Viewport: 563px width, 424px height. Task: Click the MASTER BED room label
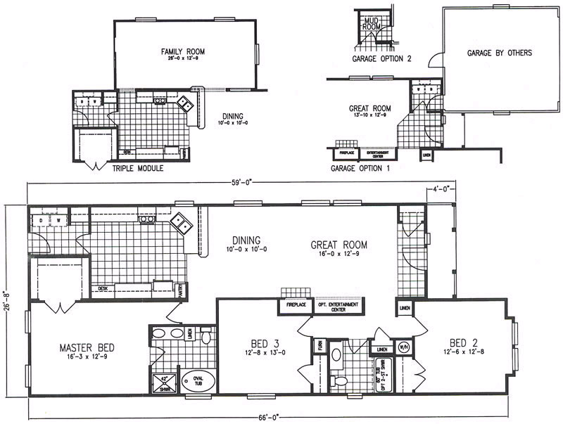tap(87, 347)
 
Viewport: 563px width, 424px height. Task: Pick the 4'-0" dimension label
tap(441, 188)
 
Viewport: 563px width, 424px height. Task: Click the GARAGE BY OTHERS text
tap(499, 53)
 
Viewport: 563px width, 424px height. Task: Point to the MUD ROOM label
tap(371, 23)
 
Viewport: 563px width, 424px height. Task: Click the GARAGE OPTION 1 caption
tap(360, 169)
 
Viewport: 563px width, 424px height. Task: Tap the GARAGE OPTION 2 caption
tap(382, 59)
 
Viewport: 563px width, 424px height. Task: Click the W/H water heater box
tap(404, 347)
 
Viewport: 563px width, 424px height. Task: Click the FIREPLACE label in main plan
tap(294, 307)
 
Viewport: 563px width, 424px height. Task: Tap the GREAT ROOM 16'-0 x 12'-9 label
tap(339, 249)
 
